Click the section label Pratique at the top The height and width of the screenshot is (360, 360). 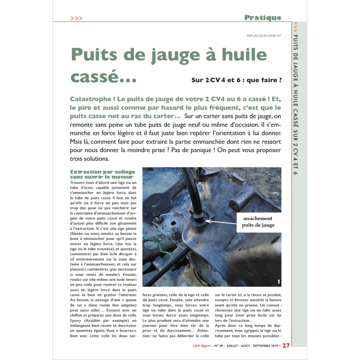263,18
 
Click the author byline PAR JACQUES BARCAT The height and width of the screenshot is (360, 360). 264,36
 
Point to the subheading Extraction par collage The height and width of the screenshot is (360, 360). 103,171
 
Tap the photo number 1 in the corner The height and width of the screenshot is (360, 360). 279,282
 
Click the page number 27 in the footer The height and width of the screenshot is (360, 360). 286,346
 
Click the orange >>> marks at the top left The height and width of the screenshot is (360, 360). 76,18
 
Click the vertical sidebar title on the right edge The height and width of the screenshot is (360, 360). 295,103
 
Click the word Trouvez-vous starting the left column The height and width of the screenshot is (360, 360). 85,183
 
